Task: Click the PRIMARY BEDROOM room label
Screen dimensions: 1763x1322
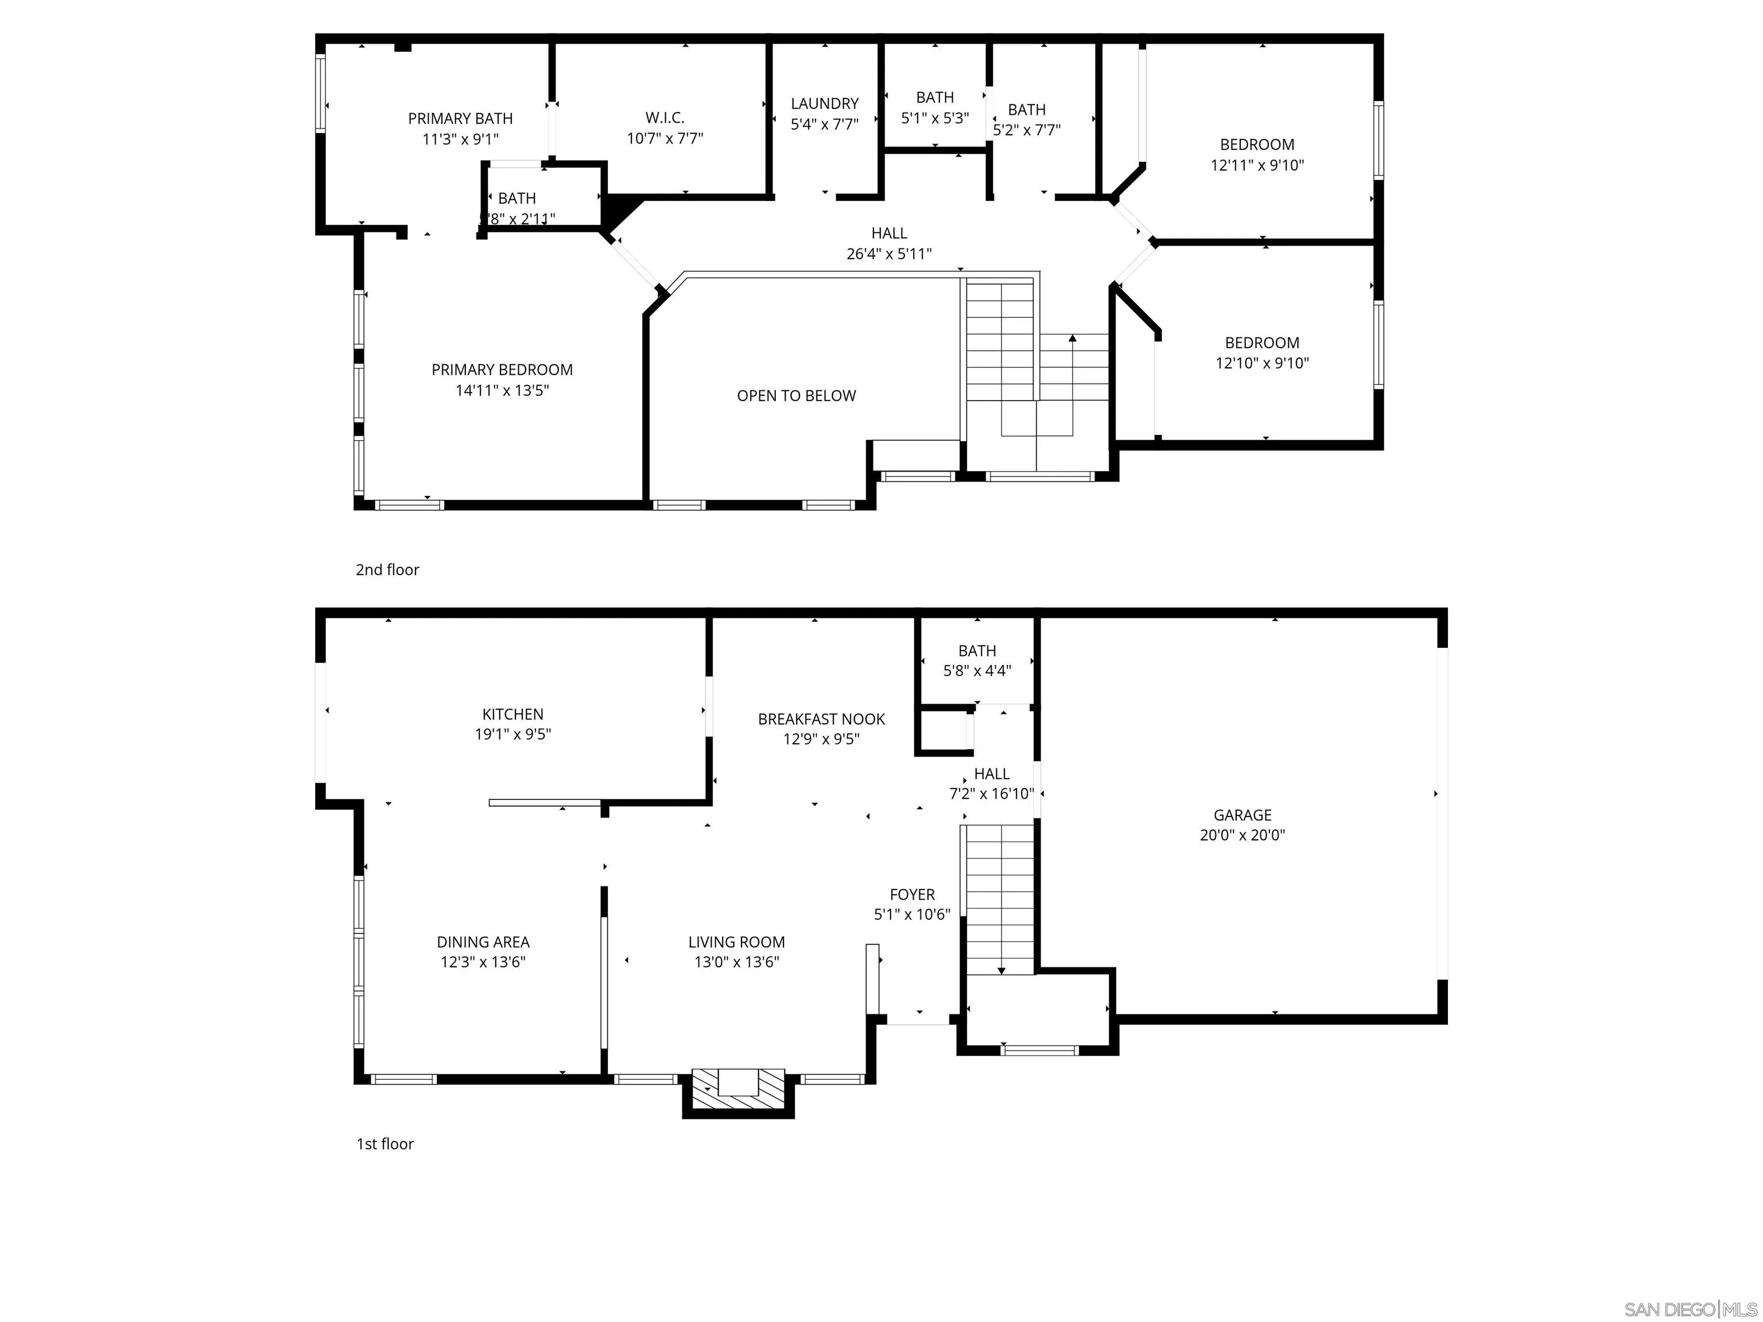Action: (x=502, y=370)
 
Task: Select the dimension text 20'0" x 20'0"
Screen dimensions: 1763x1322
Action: (x=1242, y=835)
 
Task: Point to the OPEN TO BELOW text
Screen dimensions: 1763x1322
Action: (x=796, y=396)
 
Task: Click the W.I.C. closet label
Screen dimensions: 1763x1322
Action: (x=665, y=118)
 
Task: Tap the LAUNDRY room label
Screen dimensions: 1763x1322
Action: (x=825, y=104)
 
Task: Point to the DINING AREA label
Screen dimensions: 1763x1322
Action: (x=483, y=942)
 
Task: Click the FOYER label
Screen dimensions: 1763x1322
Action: (x=912, y=895)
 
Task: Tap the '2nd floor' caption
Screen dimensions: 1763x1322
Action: (x=387, y=570)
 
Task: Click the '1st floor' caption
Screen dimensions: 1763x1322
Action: (x=385, y=1144)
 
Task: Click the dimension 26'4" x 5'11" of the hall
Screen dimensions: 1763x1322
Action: (x=888, y=254)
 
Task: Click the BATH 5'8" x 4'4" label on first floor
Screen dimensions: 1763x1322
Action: (x=977, y=651)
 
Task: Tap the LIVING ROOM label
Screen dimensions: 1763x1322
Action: (x=736, y=942)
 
